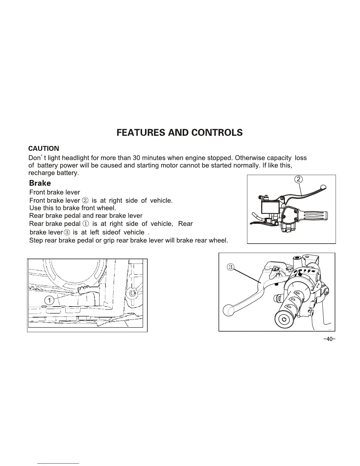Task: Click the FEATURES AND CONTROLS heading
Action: [180, 133]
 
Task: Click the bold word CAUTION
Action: [44, 149]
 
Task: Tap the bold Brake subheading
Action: [40, 183]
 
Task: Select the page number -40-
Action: [329, 339]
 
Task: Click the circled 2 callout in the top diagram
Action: [299, 179]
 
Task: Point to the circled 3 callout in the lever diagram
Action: [231, 267]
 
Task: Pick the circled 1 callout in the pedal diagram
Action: [49, 301]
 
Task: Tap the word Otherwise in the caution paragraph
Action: [250, 158]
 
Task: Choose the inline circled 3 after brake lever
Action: [67, 232]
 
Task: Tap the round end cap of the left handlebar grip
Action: [284, 319]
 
